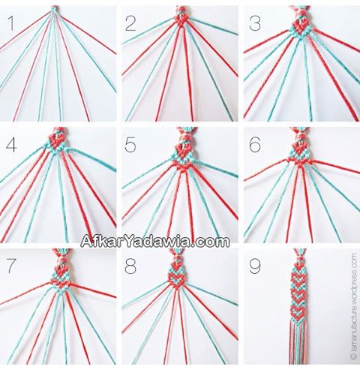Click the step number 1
coord(10,23)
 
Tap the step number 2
coord(130,23)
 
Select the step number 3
coord(255,23)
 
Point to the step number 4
coord(11,145)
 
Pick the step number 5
coord(130,145)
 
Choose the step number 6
coord(255,145)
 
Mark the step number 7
coord(12,266)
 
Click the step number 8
coord(130,266)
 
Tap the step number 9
coord(255,266)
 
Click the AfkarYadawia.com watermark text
coord(155,241)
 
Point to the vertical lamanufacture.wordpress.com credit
coord(353,309)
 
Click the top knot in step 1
coord(53,9)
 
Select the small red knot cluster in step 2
coord(181,20)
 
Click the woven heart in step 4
coord(55,140)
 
